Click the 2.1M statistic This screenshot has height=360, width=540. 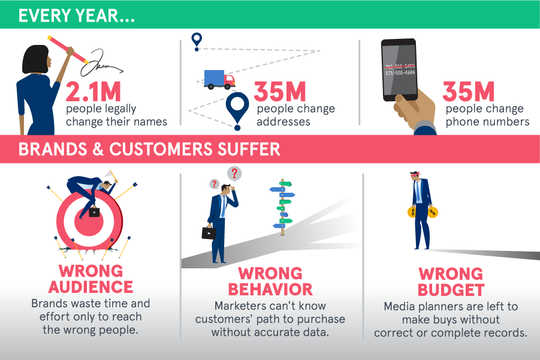pyautogui.click(x=93, y=92)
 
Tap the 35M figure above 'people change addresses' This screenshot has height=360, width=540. pyautogui.click(x=280, y=92)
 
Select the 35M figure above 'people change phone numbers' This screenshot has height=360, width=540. pyautogui.click(x=468, y=92)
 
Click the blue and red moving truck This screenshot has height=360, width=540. pyautogui.click(x=219, y=80)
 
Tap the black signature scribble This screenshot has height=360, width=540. pyautogui.click(x=101, y=63)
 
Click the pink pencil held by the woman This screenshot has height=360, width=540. pyautogui.click(x=68, y=50)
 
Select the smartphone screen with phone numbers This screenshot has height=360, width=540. pyautogui.click(x=400, y=70)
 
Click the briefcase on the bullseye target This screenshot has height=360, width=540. pyautogui.click(x=94, y=211)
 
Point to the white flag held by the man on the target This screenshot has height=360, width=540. pyautogui.click(x=110, y=174)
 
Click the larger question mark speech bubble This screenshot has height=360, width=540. pyautogui.click(x=234, y=174)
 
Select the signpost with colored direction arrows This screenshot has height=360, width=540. pyautogui.click(x=282, y=207)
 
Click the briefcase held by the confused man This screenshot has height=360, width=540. pyautogui.click(x=209, y=232)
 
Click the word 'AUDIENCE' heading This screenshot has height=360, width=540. pyautogui.click(x=90, y=287)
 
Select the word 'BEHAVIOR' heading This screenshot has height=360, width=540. pyautogui.click(x=270, y=289)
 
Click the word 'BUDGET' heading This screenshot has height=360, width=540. pyautogui.click(x=451, y=290)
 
